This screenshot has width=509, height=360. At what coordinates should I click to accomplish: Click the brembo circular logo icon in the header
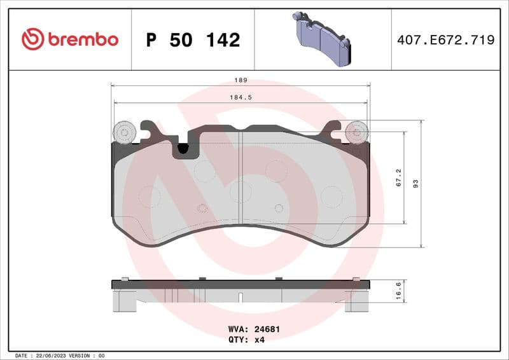click(x=32, y=39)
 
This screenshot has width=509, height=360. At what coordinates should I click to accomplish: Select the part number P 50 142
click(x=193, y=40)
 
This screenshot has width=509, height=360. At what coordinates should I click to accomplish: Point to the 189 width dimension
click(x=241, y=81)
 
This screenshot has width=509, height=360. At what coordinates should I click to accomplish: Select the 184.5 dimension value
click(x=241, y=97)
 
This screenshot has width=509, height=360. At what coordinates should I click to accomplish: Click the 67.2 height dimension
click(x=398, y=177)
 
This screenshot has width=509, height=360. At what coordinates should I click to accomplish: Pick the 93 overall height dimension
click(x=415, y=183)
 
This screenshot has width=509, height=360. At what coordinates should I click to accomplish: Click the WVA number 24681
click(x=267, y=329)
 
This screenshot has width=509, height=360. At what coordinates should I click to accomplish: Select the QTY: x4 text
click(x=246, y=340)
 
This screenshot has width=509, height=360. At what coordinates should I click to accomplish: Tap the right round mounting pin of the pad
click(x=356, y=132)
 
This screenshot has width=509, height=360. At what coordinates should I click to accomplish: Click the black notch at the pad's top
click(x=183, y=149)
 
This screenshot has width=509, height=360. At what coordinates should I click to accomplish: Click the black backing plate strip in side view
click(x=241, y=284)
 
